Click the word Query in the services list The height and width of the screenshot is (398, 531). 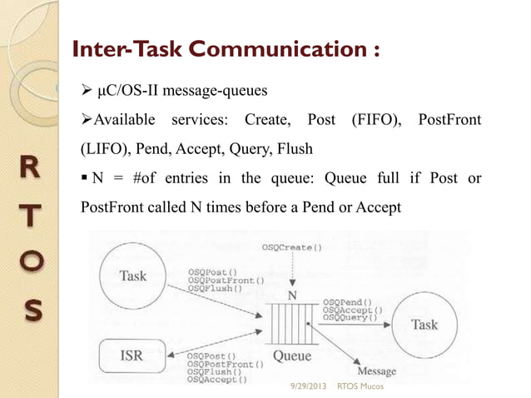[261, 150]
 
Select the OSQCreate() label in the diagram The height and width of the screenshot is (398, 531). [292, 247]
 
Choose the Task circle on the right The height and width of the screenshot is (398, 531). [424, 324]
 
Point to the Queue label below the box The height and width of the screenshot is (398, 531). [293, 357]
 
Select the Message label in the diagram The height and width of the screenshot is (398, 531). [376, 371]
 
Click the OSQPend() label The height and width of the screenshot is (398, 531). [347, 301]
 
